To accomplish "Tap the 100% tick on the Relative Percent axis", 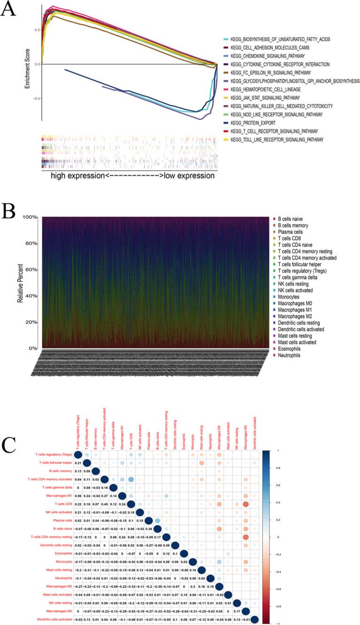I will coord(31,217).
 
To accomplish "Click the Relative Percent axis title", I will coord(21,283).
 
